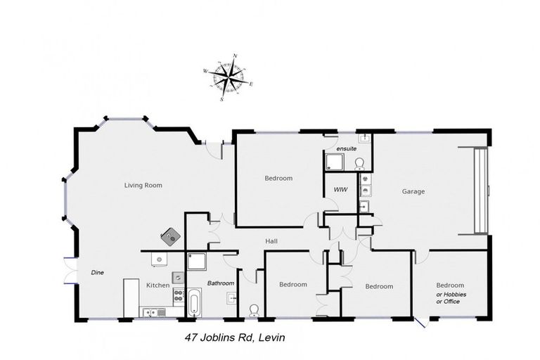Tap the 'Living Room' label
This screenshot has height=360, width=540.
[x=143, y=186]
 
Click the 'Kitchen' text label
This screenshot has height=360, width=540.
[x=157, y=285]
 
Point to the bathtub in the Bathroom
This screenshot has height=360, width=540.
[x=194, y=304]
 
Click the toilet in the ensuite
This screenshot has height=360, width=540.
[x=360, y=165]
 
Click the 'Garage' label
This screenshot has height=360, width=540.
[x=413, y=191]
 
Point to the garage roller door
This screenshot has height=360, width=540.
[x=481, y=190]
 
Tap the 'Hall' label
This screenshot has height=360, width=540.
[x=271, y=241]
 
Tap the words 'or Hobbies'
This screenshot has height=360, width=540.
[x=451, y=293]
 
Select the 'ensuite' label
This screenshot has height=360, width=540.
[x=347, y=148]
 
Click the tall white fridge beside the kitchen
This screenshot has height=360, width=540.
[x=131, y=297]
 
